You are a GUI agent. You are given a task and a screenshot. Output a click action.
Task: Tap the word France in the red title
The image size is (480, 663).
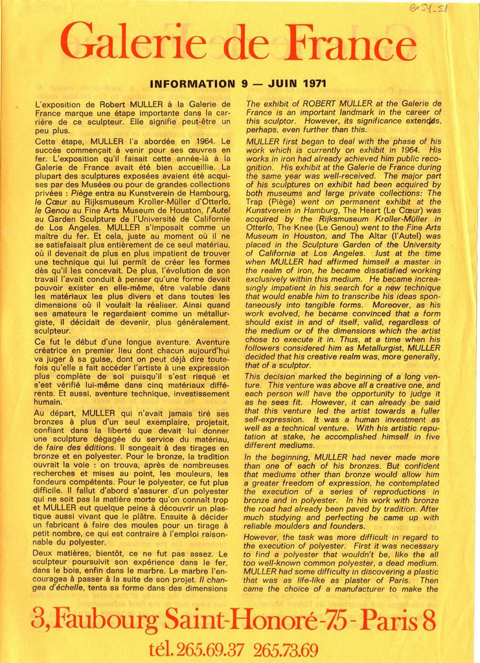click(353, 44)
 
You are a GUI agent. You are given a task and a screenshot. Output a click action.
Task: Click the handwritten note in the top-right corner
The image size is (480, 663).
click(429, 9)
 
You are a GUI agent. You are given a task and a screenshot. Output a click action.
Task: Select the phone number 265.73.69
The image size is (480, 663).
click(286, 649)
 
